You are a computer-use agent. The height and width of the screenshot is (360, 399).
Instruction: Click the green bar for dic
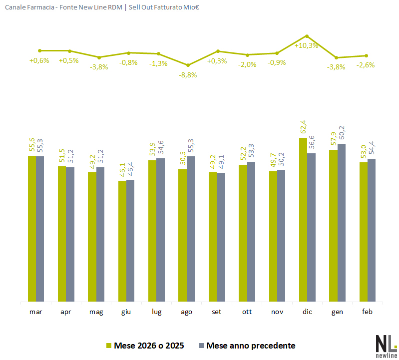[x=303, y=220]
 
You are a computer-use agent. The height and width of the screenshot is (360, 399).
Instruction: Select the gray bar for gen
[x=342, y=223]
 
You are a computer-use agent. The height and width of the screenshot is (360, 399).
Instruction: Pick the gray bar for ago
[x=191, y=229]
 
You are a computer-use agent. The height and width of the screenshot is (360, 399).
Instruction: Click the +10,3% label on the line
[x=307, y=45]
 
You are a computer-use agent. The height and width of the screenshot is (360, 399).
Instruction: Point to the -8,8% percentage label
[x=188, y=75]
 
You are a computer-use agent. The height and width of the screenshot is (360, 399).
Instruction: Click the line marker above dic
[x=307, y=36]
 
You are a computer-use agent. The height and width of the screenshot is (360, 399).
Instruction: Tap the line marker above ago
[x=188, y=65]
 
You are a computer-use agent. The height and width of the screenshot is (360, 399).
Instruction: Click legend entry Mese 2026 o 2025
[x=144, y=346]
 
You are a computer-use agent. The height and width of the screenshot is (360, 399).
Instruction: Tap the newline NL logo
[x=386, y=345]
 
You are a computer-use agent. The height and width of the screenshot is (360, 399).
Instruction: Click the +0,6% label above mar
[x=39, y=60]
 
